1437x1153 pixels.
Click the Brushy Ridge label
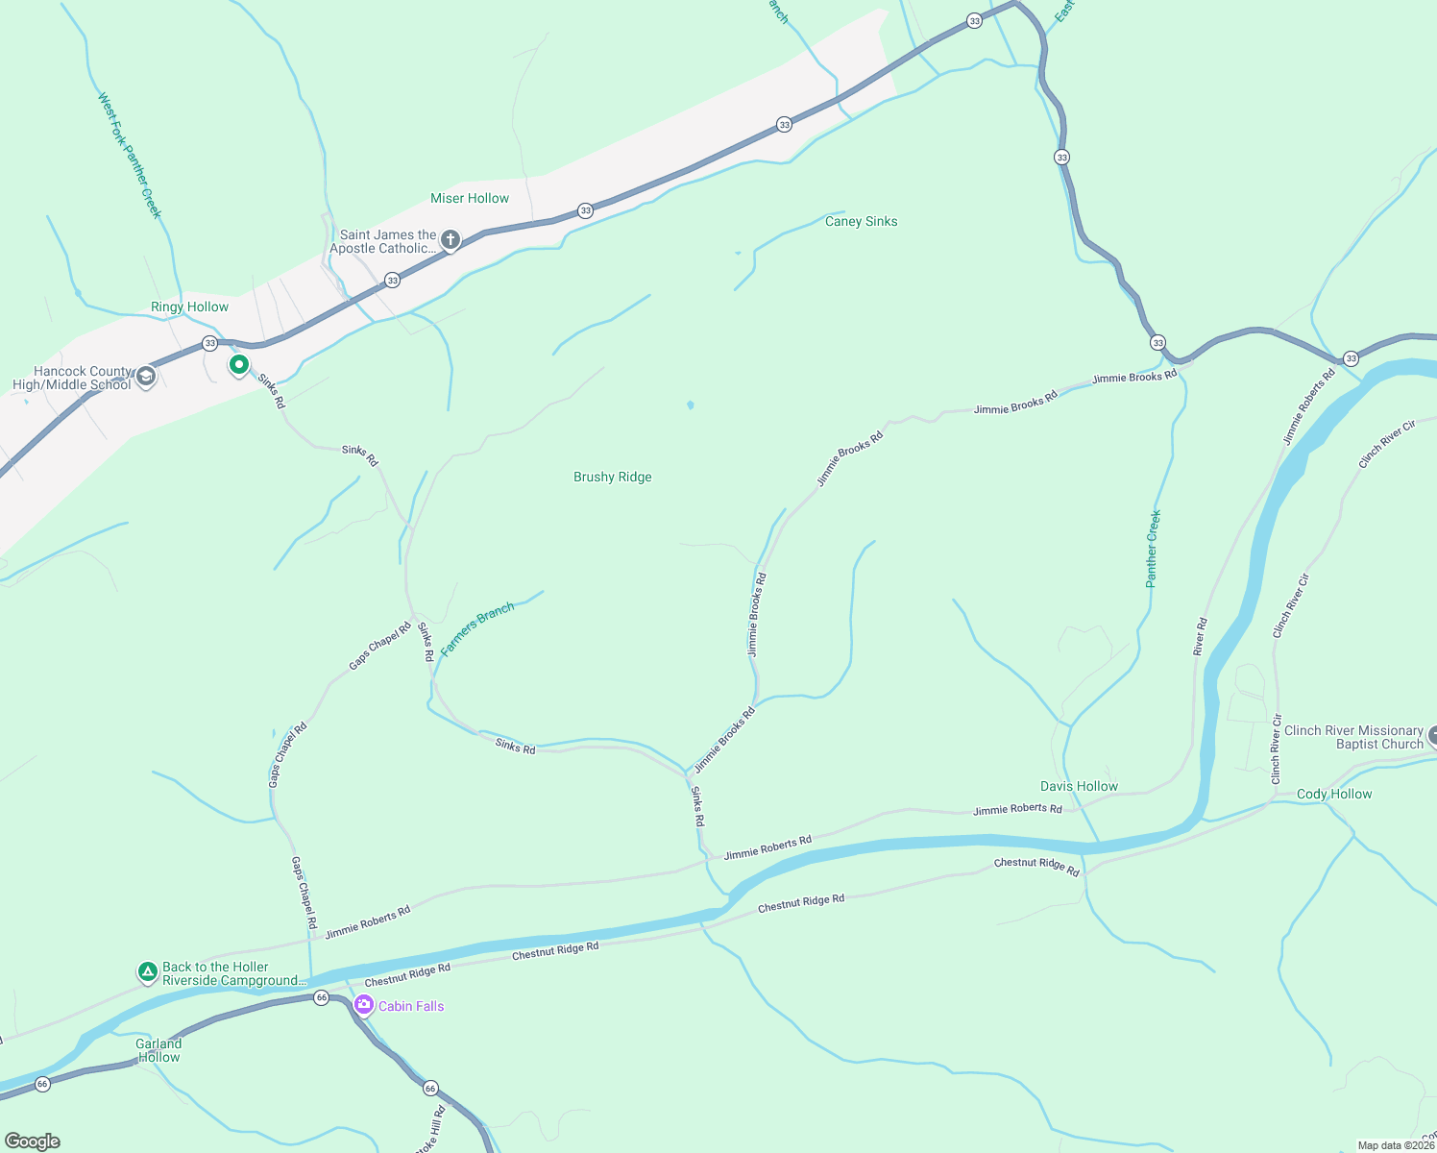612,478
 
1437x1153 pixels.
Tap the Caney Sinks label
861,222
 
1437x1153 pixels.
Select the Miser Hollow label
470,199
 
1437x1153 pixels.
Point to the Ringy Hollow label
189,307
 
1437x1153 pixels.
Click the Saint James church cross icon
450,239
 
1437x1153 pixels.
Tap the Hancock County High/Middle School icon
146,376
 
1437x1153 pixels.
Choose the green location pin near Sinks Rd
238,365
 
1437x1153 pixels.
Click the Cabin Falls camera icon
364,1005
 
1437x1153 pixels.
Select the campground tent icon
147,972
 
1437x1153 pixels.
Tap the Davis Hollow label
1079,787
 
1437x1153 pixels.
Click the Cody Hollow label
1334,795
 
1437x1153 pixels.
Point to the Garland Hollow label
158,1050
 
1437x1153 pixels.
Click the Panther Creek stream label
1153,549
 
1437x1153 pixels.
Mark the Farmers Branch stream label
477,628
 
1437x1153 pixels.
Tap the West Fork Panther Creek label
130,155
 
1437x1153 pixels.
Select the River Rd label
1200,637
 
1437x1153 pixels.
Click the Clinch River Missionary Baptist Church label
1353,737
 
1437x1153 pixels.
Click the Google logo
32,1141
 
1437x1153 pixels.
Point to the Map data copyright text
1396,1145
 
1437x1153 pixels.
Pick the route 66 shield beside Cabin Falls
322,997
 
